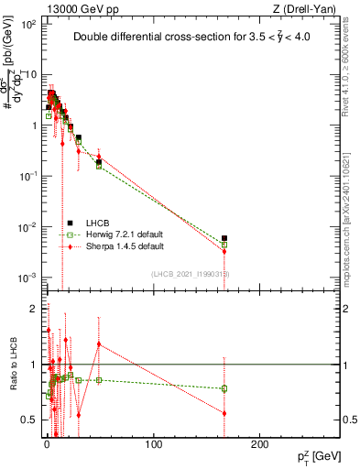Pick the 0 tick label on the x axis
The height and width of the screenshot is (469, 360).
coord(46,445)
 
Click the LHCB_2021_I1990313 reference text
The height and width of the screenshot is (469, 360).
coord(190,274)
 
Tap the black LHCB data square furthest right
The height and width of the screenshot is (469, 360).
coord(224,239)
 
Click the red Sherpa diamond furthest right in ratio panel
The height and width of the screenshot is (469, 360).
coord(224,413)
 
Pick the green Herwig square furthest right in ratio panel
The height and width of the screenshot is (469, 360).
coord(224,388)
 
